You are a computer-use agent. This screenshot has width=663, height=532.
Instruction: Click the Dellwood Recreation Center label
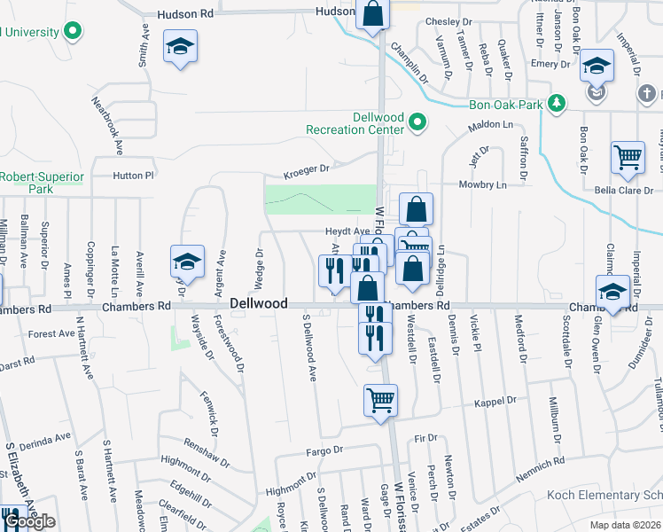353,123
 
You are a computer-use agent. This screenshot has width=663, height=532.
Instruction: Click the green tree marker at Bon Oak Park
557,104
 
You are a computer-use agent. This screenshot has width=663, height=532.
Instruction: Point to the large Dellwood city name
258,303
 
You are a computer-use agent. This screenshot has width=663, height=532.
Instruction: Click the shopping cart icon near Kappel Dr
381,400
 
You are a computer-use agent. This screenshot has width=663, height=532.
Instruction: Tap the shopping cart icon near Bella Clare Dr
628,158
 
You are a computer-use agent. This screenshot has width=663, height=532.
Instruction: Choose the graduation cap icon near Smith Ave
181,46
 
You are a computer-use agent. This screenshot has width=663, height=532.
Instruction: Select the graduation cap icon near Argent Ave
187,262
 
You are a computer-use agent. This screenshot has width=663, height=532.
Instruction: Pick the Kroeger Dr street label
306,168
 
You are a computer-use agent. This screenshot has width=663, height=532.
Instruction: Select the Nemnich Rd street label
538,464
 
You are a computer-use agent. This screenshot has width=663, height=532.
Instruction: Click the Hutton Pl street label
134,176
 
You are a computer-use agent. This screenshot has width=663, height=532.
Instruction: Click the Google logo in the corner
29,521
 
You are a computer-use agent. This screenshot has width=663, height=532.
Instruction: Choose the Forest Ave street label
51,334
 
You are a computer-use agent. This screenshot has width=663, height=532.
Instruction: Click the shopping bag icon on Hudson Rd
373,15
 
